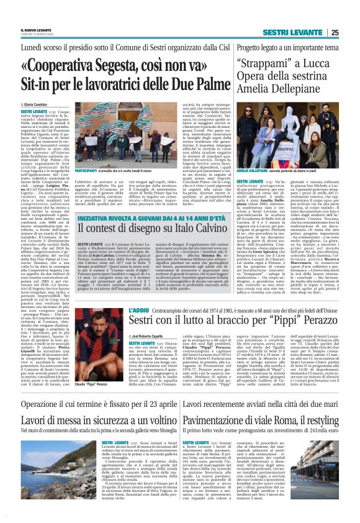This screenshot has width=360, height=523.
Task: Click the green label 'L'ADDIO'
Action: click(136, 309)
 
